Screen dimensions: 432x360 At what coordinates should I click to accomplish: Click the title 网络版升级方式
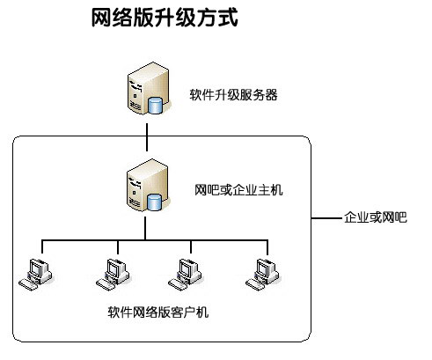pyautogui.click(x=165, y=18)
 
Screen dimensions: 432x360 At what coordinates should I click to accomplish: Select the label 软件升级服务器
pyautogui.click(x=233, y=95)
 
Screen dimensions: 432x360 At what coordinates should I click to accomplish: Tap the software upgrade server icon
pyautogui.click(x=149, y=88)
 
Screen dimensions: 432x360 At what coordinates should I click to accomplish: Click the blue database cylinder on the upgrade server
pyautogui.click(x=155, y=106)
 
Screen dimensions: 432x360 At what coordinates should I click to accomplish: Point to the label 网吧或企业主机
pyautogui.click(x=238, y=190)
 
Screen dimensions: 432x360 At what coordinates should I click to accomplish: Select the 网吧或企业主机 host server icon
pyautogui.click(x=148, y=185)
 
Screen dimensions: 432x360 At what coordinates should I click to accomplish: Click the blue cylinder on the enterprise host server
pyautogui.click(x=154, y=202)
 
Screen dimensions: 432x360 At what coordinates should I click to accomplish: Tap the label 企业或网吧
pyautogui.click(x=376, y=217)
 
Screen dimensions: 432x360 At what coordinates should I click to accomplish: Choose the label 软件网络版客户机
pyautogui.click(x=158, y=312)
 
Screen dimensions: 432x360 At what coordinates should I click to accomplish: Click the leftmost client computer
pyautogui.click(x=35, y=275)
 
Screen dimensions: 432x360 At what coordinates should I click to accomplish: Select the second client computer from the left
pyautogui.click(x=113, y=275)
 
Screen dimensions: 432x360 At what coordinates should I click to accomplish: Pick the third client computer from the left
pyautogui.click(x=185, y=275)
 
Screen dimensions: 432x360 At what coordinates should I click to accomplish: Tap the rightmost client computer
pyautogui.click(x=262, y=275)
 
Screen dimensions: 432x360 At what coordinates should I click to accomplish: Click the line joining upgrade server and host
pyautogui.click(x=147, y=137)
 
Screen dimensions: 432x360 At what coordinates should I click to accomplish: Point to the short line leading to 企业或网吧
pyautogui.click(x=326, y=218)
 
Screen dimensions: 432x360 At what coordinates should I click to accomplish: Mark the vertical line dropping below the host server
pyautogui.click(x=145, y=229)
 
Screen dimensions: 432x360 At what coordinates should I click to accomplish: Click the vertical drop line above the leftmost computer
pyautogui.click(x=42, y=246)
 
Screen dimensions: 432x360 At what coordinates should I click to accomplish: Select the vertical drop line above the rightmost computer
pyautogui.click(x=267, y=247)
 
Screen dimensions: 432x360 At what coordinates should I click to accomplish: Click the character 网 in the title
pyautogui.click(x=101, y=18)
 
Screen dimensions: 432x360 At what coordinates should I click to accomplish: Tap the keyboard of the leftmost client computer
pyautogui.click(x=28, y=284)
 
